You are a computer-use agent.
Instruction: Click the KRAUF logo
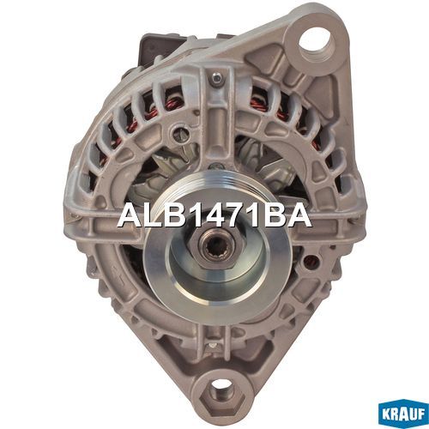[403, 414]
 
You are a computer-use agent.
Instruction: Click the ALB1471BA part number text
[214, 216]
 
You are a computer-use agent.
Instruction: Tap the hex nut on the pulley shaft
[217, 248]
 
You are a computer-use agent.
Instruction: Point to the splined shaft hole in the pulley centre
[217, 248]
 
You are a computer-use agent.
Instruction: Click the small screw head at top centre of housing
[217, 77]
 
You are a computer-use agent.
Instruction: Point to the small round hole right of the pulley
[309, 261]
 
